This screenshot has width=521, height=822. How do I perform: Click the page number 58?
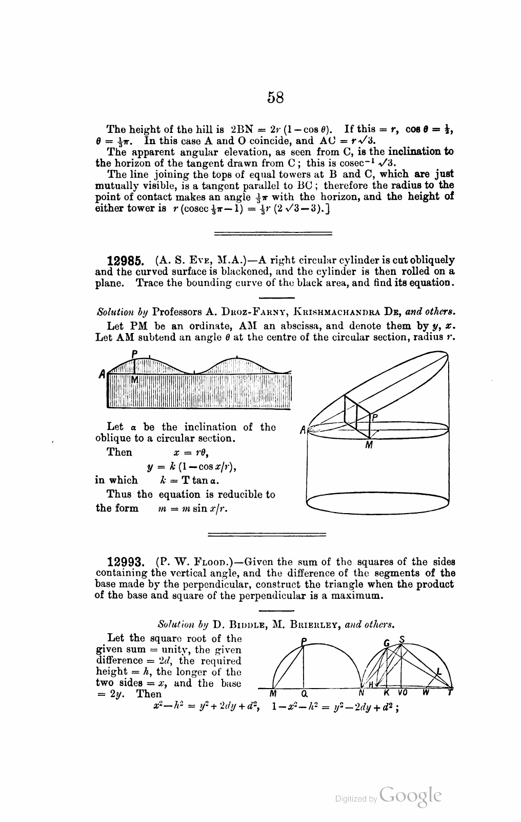[x=275, y=97]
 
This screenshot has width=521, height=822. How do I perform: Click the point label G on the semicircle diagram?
[x=387, y=643]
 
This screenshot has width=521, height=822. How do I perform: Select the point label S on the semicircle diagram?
[x=402, y=640]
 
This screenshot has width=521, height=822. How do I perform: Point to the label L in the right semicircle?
[x=439, y=671]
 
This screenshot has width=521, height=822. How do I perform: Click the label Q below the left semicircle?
[x=304, y=694]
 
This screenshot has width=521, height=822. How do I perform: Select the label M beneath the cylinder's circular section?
[x=368, y=445]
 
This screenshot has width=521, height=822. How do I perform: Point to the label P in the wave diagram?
[x=134, y=354]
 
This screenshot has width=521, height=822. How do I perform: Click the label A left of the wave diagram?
[x=102, y=375]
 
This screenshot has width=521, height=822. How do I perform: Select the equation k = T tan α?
[x=190, y=481]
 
